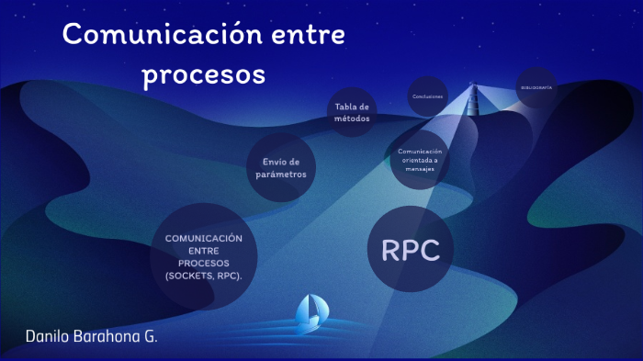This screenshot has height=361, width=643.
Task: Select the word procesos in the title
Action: pos(204,73)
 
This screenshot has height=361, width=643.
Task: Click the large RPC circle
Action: pos(411,249)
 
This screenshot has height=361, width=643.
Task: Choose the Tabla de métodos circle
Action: pos(352,112)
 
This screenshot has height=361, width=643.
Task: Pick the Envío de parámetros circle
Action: pos(280,167)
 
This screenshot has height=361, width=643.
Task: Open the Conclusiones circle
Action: pos(428,96)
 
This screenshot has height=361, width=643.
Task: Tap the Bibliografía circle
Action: pos(536,87)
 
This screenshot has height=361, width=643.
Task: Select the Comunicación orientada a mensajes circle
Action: pos(421,157)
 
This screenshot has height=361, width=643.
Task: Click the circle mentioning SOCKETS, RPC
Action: pos(204,256)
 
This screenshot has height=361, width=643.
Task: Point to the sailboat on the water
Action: pos(309,312)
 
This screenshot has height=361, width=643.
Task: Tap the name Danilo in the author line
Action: pos(45,336)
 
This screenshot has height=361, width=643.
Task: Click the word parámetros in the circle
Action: pos(280,174)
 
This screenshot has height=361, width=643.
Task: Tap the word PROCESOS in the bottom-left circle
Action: pos(204,263)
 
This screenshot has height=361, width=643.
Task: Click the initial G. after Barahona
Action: pos(150,336)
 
